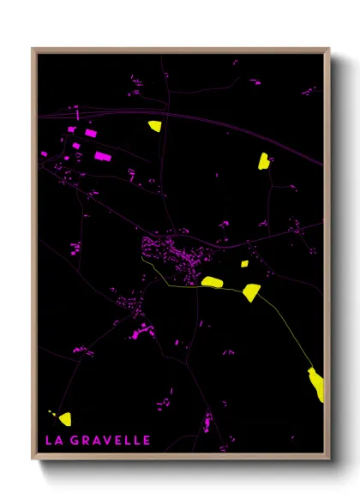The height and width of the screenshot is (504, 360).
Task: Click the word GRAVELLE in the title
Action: [x=111, y=441]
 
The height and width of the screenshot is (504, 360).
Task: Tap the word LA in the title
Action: [x=53, y=441]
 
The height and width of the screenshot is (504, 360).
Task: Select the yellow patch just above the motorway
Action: [x=154, y=126]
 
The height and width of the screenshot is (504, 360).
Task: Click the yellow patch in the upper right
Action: [x=263, y=160]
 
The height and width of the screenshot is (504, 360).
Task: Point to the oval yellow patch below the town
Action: [x=212, y=281]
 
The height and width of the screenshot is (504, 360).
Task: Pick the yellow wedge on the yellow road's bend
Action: [x=250, y=292]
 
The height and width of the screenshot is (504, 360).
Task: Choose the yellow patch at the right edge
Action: [x=316, y=383]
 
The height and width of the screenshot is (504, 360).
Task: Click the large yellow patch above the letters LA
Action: [x=64, y=417]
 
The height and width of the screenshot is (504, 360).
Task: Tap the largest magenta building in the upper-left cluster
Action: [x=101, y=156]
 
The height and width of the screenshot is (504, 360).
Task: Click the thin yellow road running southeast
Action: [x=287, y=330]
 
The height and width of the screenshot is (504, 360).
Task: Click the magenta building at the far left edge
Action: [x=44, y=153]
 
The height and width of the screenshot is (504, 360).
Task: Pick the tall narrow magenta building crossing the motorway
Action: [x=77, y=113]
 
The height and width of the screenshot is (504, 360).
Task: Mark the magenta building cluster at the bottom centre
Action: [x=207, y=422]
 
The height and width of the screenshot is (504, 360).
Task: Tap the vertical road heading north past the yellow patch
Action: [x=163, y=94]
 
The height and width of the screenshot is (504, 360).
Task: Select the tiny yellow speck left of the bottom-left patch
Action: [x=51, y=413]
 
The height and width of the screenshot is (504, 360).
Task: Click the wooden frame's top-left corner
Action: [x=33, y=50]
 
